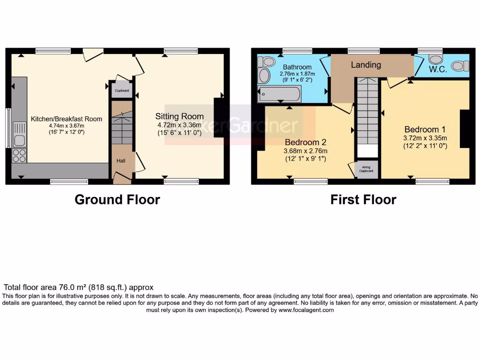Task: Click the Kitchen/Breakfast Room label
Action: point(66,119)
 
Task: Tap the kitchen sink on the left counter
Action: point(20,134)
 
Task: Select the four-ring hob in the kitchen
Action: point(20,156)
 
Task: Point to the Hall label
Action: point(121,161)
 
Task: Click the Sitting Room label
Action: point(180,116)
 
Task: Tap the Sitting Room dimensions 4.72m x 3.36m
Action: point(180,125)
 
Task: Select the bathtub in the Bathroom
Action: point(279,94)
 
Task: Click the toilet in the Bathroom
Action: point(268,61)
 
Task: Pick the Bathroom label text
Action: point(297,67)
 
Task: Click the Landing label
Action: point(366,65)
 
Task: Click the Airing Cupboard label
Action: point(367,169)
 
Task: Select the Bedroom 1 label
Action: point(425,129)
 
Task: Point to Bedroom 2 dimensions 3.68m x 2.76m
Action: point(305,151)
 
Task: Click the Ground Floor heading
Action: point(117,200)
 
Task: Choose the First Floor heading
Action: point(363,200)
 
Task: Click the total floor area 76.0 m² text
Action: point(78,287)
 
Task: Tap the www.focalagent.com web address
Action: point(306,310)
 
